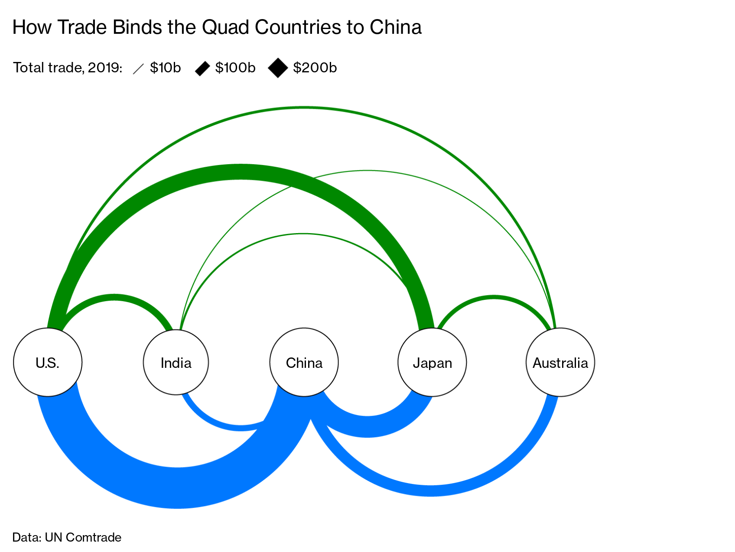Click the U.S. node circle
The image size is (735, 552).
coord(48,362)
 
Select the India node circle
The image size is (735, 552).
coord(176,362)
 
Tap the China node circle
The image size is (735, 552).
coord(304,362)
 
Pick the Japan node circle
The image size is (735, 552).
coord(432,362)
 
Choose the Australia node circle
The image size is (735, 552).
coord(560,362)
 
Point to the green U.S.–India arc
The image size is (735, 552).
coord(114,297)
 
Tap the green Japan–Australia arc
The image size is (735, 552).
coord(494,298)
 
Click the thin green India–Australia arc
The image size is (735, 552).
coord(367,171)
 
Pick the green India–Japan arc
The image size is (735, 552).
coord(303,234)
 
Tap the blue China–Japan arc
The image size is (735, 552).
coord(367,427)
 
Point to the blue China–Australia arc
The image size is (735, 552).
coord(431,490)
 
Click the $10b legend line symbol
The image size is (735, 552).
coord(138,68)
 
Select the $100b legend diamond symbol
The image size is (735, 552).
coord(202,68)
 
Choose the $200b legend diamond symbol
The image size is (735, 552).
coord(278,68)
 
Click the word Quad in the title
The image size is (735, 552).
coord(225,28)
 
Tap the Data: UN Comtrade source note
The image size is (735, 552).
coord(67,537)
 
